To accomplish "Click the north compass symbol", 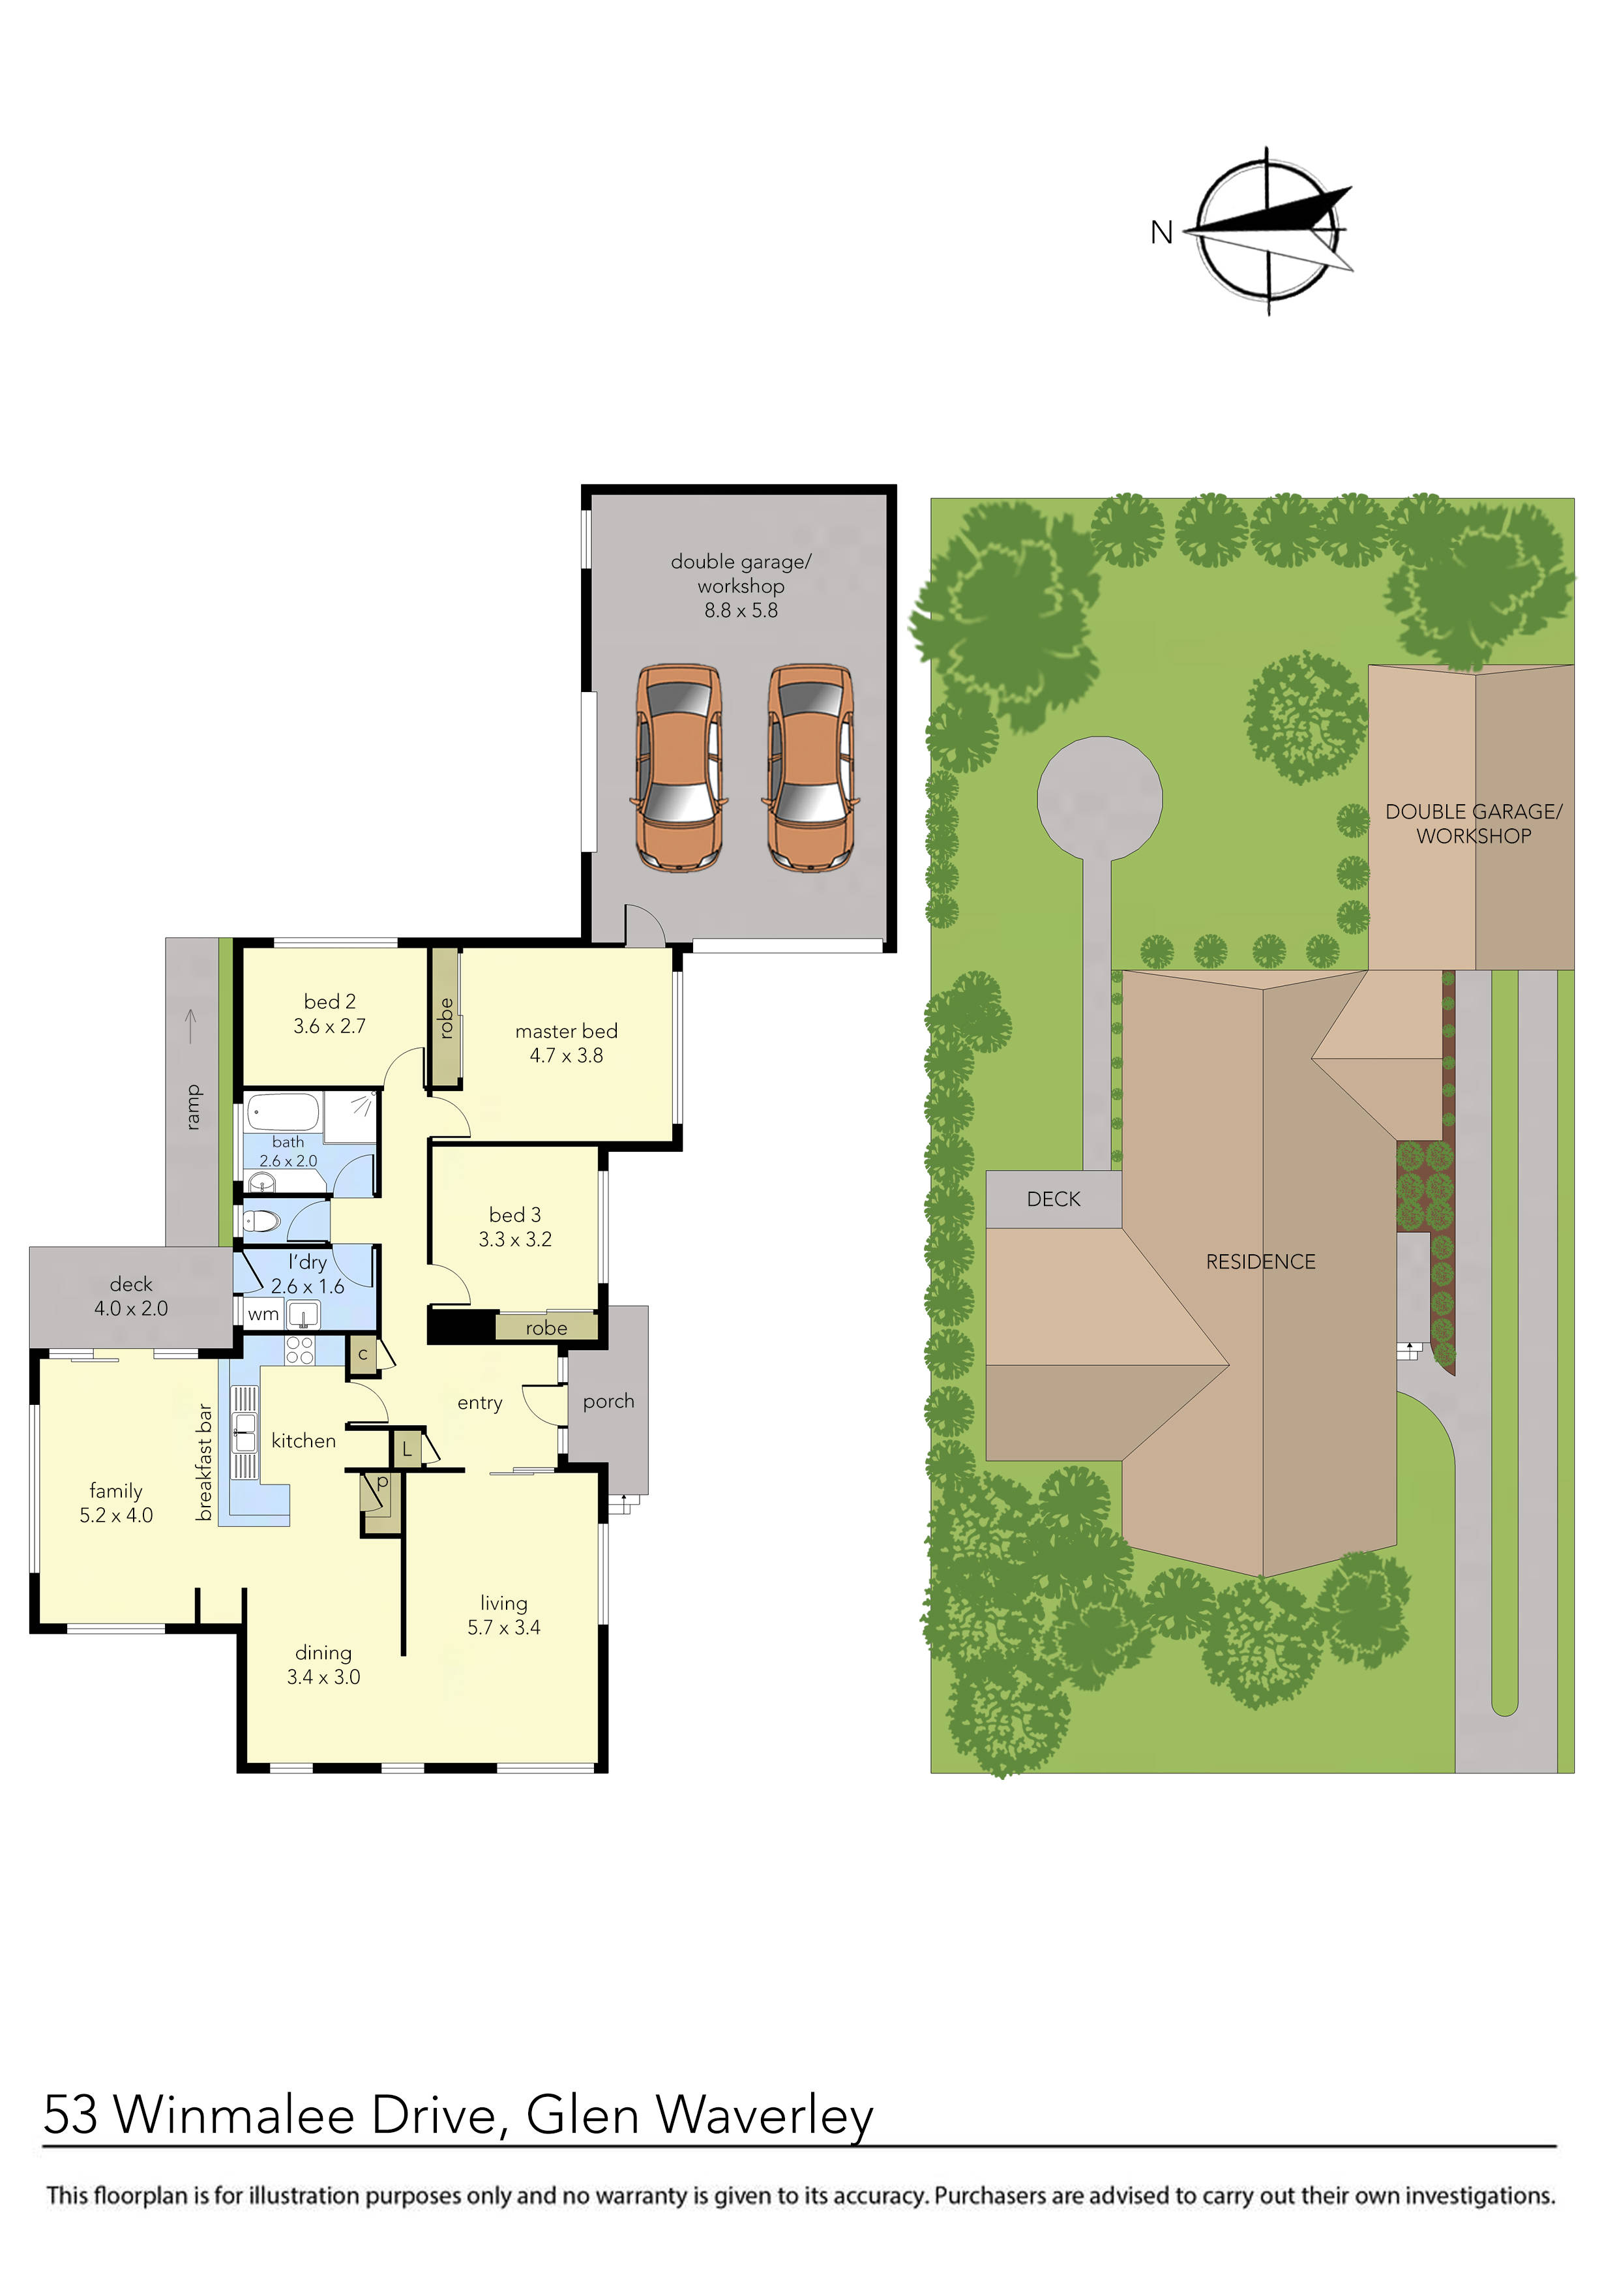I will coord(1268,231).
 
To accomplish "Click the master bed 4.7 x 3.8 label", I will coord(566,1044).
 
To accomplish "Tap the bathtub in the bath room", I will coord(283,1112).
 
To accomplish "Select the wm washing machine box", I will coord(263,1314).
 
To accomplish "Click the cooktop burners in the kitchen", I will coord(300,1350).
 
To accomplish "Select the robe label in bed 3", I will coord(546,1329).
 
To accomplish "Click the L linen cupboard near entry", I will coord(406,1450).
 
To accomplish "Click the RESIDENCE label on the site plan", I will coord(1260,1263).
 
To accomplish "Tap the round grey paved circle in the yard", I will coord(1099,798).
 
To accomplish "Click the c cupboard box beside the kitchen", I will coord(363,1354).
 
